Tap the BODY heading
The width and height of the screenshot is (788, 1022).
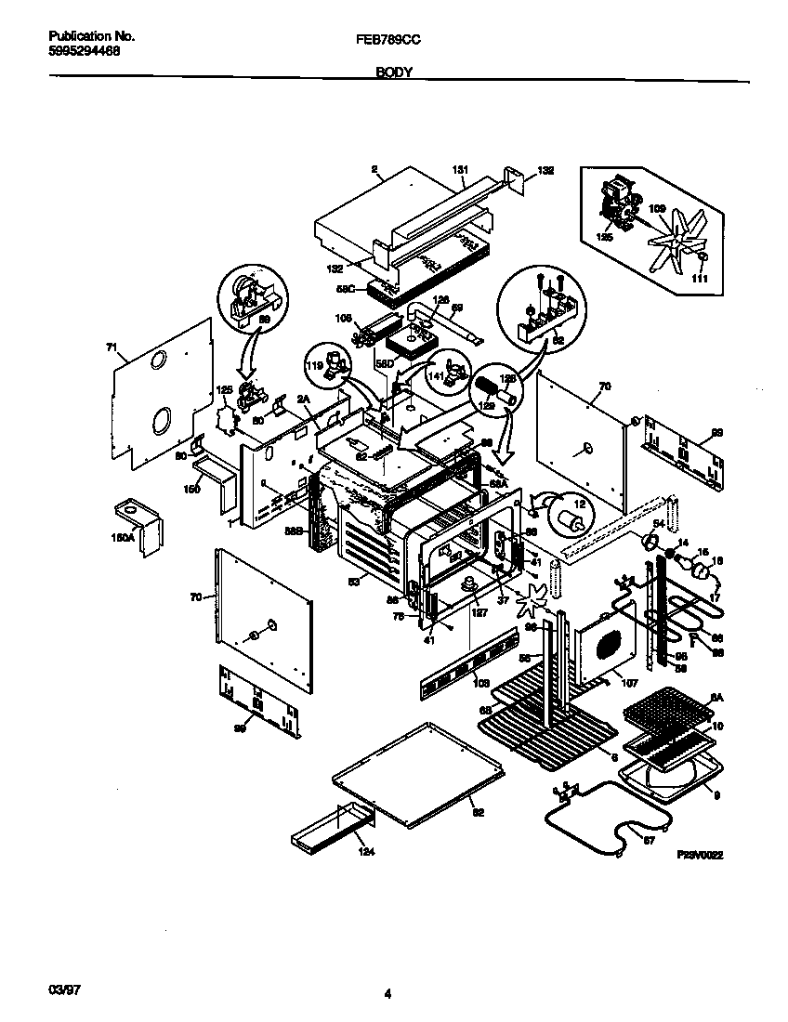[x=394, y=72]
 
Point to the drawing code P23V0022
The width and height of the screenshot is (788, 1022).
[x=701, y=855]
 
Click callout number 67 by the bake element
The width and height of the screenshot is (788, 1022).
[x=648, y=842]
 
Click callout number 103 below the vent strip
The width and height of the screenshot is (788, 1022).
[x=480, y=683]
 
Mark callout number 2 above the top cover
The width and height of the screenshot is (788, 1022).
[x=374, y=170]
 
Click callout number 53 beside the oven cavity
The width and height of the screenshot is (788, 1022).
[x=353, y=582]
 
